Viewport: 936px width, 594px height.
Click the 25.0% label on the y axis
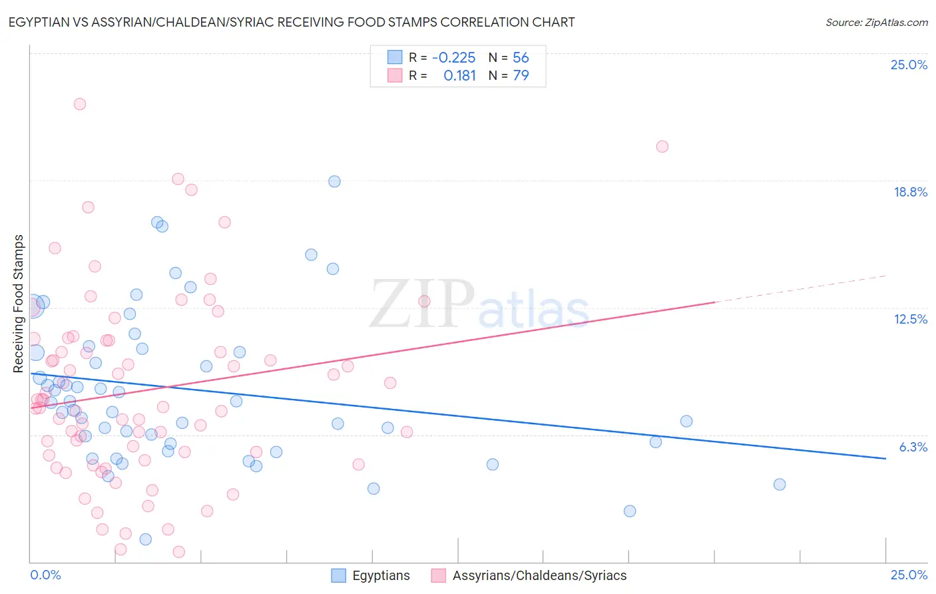pyautogui.click(x=909, y=65)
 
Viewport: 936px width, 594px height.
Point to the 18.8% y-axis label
pyautogui.click(x=910, y=192)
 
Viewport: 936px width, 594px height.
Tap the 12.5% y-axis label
pyautogui.click(x=910, y=319)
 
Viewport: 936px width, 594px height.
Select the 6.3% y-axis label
pyautogui.click(x=913, y=447)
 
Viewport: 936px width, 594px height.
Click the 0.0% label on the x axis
pyautogui.click(x=45, y=575)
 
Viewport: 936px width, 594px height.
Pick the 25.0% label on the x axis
pyautogui.click(x=909, y=575)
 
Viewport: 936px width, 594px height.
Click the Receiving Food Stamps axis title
pyautogui.click(x=19, y=304)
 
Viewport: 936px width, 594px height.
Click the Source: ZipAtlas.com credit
pyautogui.click(x=876, y=22)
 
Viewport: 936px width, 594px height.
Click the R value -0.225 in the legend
pyautogui.click(x=453, y=57)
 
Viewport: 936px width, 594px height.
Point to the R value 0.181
pyautogui.click(x=459, y=75)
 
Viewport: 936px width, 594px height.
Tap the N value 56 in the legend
pyautogui.click(x=521, y=57)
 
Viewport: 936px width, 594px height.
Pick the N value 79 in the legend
pyautogui.click(x=521, y=75)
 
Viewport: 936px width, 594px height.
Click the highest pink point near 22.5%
pyautogui.click(x=80, y=104)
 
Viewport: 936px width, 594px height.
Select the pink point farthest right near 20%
pyautogui.click(x=662, y=147)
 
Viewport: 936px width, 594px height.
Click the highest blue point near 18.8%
pyautogui.click(x=334, y=181)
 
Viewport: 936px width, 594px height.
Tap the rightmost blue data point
pyautogui.click(x=780, y=484)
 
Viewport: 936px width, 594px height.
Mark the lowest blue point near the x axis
pyautogui.click(x=145, y=539)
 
